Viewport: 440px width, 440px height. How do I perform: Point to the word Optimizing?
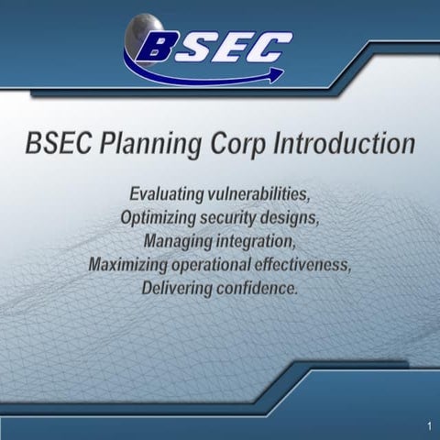coord(161,217)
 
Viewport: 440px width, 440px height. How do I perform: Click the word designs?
coord(289,217)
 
